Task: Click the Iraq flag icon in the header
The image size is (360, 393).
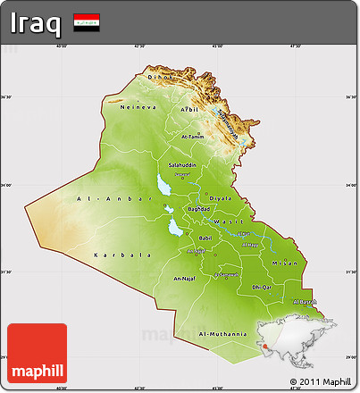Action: point(87,22)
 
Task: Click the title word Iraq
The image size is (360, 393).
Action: point(37,22)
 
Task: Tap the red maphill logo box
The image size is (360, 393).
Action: point(36,354)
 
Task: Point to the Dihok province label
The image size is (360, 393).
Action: point(159,78)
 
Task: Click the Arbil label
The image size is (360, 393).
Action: point(188,109)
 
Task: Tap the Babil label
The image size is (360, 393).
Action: point(205,238)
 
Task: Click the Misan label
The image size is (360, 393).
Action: point(284,263)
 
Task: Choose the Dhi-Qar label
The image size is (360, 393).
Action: point(261,287)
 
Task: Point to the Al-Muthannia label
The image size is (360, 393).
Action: point(222,334)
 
